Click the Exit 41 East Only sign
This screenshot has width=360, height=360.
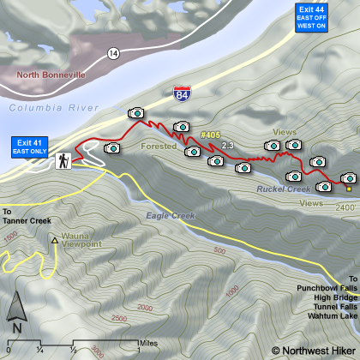point(29,145)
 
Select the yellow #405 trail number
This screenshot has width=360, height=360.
point(210,135)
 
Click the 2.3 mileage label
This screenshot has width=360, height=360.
point(227,146)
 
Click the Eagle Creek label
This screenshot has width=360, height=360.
point(166,215)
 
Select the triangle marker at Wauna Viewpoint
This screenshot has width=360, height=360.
point(55,241)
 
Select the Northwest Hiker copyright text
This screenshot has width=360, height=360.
point(313,350)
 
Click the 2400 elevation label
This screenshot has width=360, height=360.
point(345,208)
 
